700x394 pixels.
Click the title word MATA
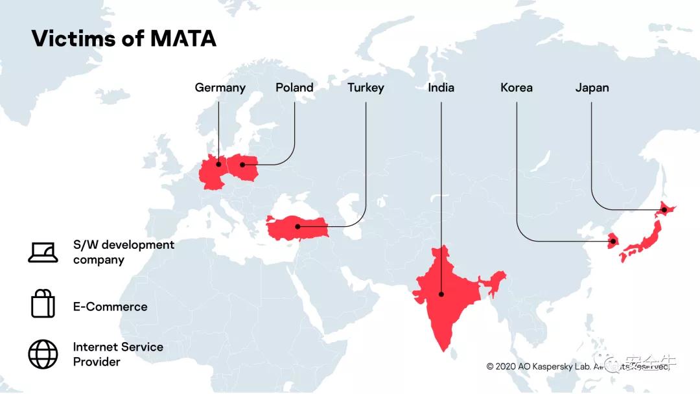[183, 38]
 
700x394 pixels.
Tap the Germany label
[220, 87]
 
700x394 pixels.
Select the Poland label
[294, 87]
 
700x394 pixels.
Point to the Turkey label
[366, 87]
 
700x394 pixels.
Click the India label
[441, 87]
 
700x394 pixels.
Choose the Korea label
[517, 87]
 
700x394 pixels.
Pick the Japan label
[592, 87]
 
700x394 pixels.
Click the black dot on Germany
[218, 165]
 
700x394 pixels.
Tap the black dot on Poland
[243, 165]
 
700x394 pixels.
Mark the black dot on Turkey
[297, 226]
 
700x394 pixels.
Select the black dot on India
[441, 294]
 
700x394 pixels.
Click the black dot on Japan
[664, 210]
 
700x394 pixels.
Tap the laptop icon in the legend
[43, 252]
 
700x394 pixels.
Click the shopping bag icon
[43, 303]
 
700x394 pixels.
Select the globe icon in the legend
[43, 354]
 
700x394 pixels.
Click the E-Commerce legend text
[110, 307]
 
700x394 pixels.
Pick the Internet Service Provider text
[118, 354]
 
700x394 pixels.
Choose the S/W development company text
[123, 252]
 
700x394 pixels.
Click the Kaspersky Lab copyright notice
[577, 366]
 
